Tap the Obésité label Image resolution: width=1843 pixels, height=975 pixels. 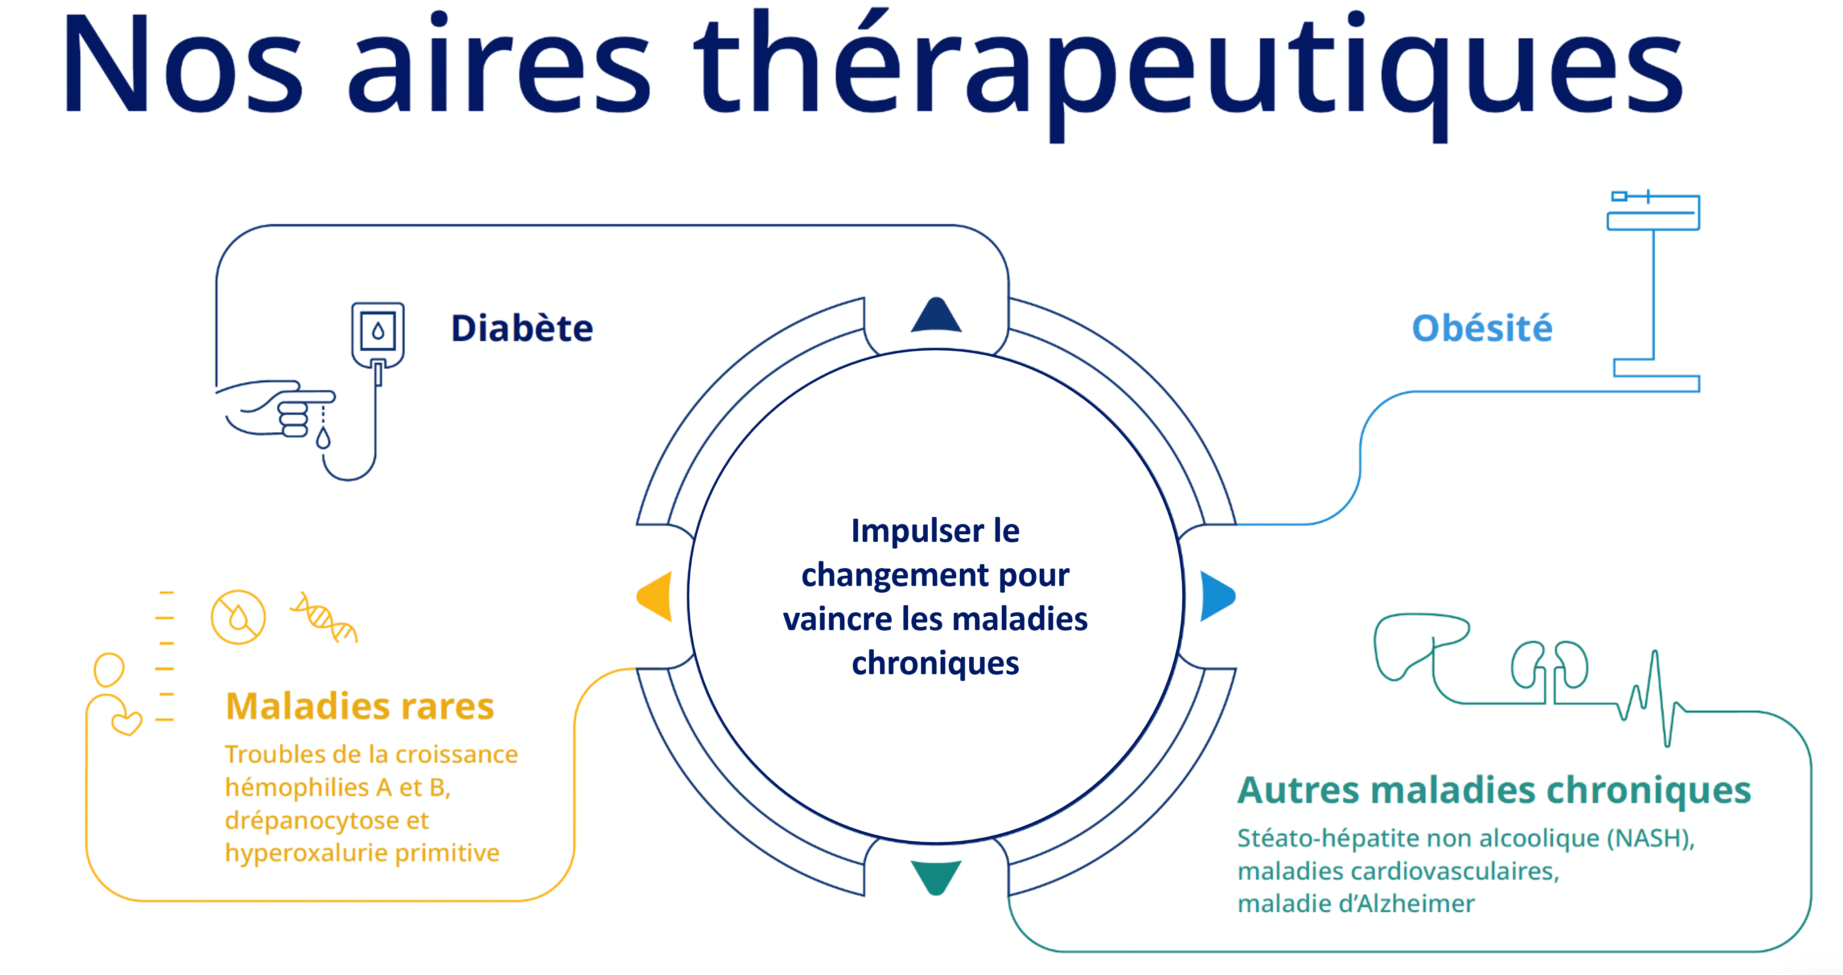[x=1482, y=328]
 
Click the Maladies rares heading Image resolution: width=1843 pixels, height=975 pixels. [x=360, y=706]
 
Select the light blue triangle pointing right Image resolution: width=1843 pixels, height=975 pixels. [x=1218, y=596]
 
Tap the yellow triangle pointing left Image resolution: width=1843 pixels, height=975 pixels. [x=654, y=596]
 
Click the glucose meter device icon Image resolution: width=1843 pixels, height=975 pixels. [x=378, y=336]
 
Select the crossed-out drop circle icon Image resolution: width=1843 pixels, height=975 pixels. [x=238, y=617]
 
